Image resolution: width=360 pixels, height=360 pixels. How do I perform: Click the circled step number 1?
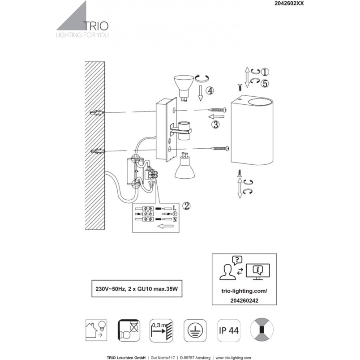point(265,72)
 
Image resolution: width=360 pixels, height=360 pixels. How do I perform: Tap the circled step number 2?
point(186,206)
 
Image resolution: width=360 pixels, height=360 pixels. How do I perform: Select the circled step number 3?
point(215,124)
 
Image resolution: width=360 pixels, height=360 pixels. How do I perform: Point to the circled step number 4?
point(210,91)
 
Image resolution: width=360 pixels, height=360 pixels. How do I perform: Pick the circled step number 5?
point(265,83)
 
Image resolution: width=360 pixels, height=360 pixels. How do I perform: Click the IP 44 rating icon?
point(229,330)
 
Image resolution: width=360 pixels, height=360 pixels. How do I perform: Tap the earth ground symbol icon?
point(195,330)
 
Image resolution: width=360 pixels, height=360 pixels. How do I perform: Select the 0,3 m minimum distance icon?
point(161,330)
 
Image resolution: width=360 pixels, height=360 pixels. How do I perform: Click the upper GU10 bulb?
point(182,88)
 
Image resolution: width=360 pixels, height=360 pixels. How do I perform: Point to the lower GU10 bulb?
point(184,165)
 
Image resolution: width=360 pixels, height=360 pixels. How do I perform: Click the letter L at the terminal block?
point(175,208)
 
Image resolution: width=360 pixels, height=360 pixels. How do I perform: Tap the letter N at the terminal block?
point(175,219)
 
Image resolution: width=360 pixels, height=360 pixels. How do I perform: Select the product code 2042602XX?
point(289,3)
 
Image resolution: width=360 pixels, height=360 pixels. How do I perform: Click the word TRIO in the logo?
point(96,26)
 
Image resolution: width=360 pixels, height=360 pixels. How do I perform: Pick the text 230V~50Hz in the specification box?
point(111,289)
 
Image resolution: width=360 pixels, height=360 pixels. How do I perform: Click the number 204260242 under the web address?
point(244,300)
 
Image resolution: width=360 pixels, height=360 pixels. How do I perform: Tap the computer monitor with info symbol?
point(257,272)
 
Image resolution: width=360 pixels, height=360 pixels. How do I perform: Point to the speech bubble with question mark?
point(237,260)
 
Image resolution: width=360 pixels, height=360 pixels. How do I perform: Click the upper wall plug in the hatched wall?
point(97,113)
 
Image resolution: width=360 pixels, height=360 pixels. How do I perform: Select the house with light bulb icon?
point(96,330)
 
